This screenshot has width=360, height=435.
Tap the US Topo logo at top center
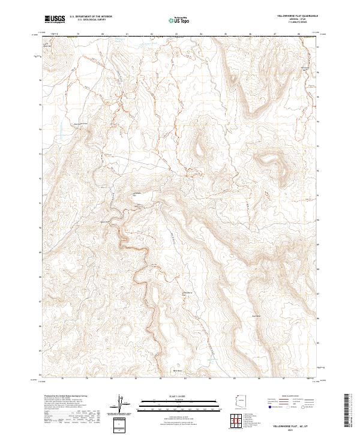click(179, 20)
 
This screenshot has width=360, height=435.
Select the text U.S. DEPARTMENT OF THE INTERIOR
click(89, 17)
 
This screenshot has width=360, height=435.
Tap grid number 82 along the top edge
click(152, 34)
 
